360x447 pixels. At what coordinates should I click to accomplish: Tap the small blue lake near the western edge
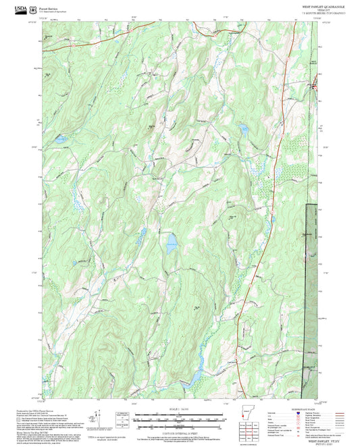61,139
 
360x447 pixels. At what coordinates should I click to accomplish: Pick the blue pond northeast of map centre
244,129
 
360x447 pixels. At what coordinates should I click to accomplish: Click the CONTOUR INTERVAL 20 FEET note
179,429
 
